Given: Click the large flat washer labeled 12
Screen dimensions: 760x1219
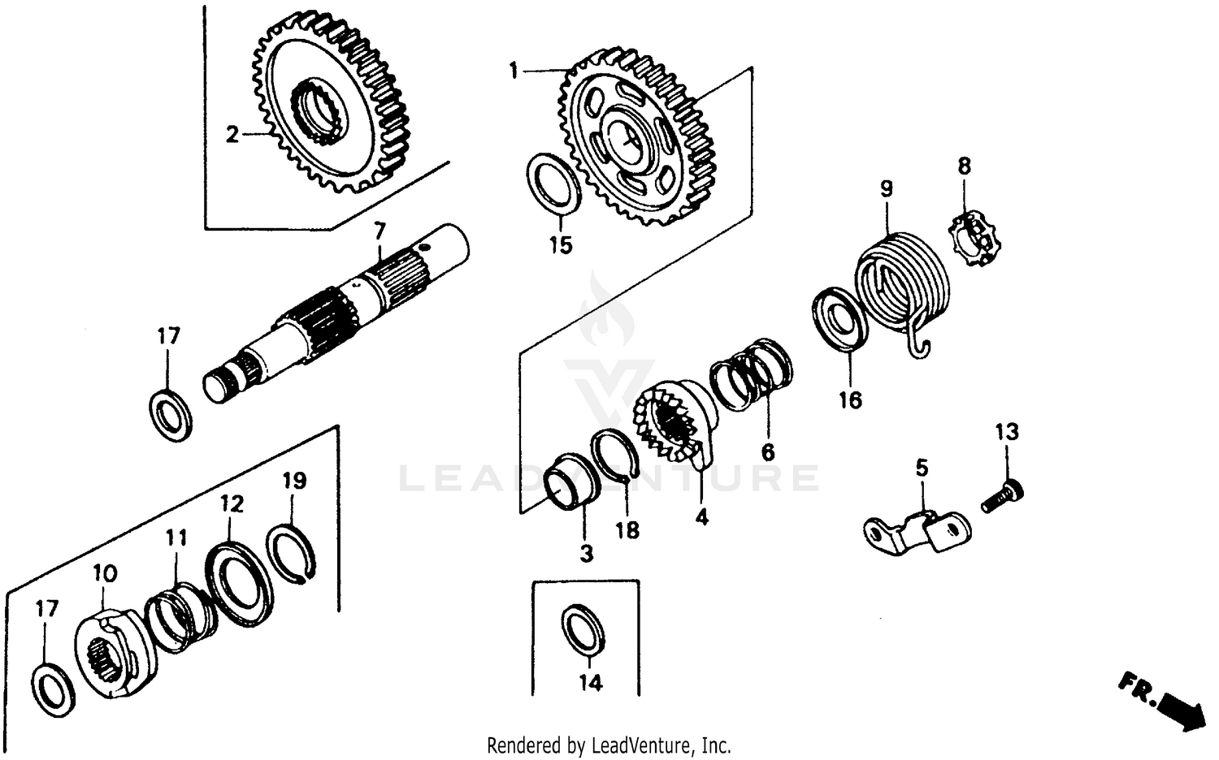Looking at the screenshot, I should pos(239,585).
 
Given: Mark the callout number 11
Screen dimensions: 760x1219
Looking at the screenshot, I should pos(176,538).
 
